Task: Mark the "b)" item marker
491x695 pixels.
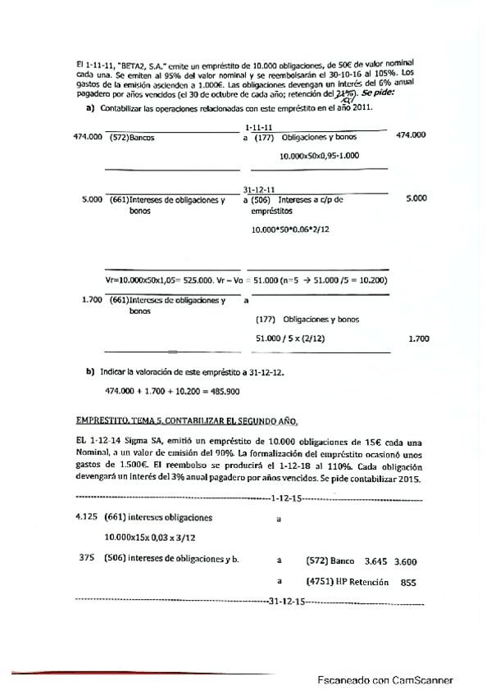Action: click(90, 371)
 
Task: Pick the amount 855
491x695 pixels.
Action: click(409, 581)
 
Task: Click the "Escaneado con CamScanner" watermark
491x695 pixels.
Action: click(384, 679)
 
